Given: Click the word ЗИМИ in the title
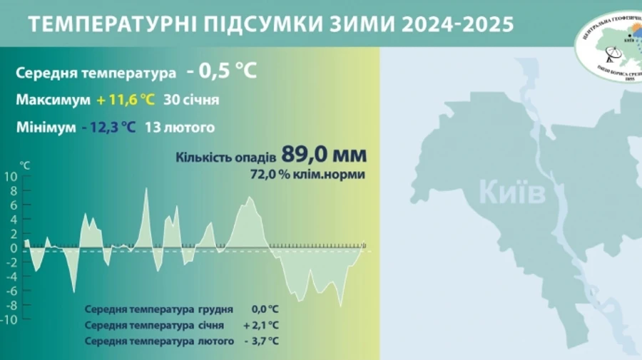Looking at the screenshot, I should coord(361,24).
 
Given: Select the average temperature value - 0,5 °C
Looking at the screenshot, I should coord(221,73).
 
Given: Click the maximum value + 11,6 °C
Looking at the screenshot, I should coord(125,100).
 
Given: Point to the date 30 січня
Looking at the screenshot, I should coord(191,100).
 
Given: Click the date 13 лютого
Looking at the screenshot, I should coord(179,128).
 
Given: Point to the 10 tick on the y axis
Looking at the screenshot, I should coord(11,177).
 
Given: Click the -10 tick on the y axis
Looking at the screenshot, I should coord(9,319).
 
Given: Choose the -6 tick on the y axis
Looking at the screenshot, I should coord(11,290).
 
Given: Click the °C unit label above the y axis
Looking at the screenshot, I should coord(26,165).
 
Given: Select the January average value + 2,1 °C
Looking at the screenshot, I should coord(261,325).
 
